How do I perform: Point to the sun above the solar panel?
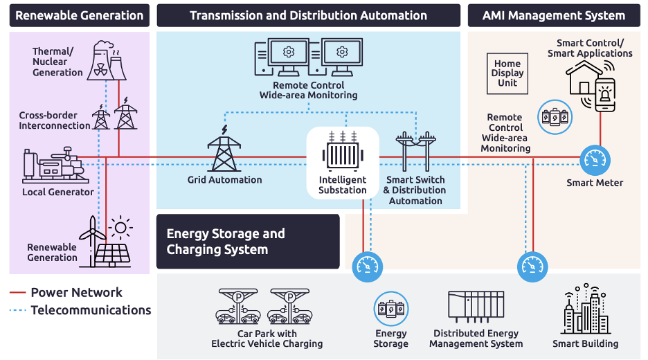(122, 227)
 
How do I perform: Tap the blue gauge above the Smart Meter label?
(593, 159)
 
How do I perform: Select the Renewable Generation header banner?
(79, 15)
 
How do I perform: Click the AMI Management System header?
(553, 15)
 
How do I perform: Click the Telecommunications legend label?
(91, 310)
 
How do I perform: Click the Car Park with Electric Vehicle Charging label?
(267, 339)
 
